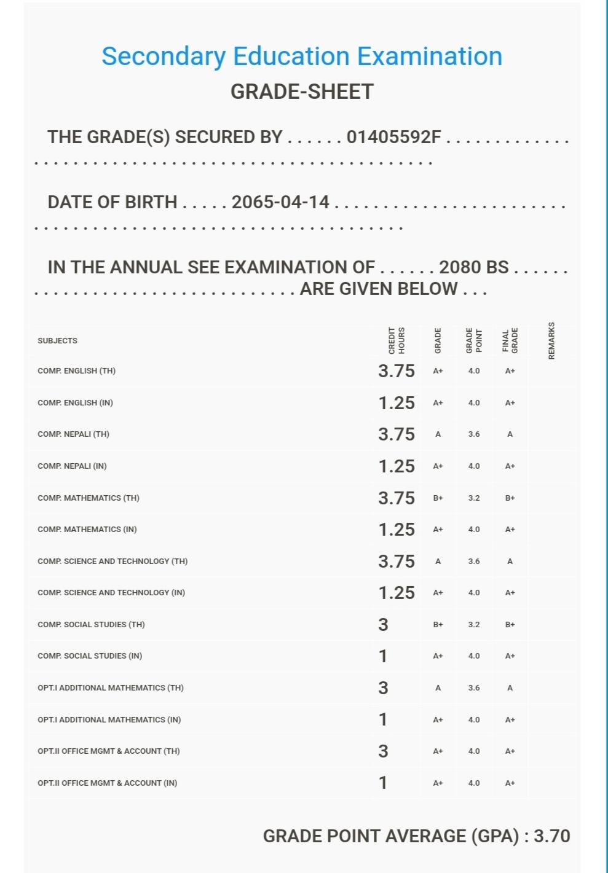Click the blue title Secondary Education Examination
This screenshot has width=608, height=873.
(x=302, y=57)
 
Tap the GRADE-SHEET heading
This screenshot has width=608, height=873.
(x=302, y=92)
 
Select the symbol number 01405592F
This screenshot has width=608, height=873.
(x=393, y=137)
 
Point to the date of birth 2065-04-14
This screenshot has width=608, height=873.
(x=280, y=202)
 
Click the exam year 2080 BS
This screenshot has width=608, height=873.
(x=473, y=267)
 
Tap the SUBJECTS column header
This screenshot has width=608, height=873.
(x=57, y=341)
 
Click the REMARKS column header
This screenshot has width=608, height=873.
(x=551, y=341)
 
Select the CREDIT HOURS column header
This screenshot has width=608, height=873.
(x=397, y=340)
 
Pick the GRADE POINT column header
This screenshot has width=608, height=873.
(x=474, y=340)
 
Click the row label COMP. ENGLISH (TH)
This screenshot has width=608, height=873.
(x=76, y=371)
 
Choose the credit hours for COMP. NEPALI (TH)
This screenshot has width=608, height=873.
(x=397, y=434)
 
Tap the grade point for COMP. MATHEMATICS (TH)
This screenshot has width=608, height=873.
(x=474, y=498)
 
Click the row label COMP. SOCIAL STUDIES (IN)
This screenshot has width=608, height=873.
(x=90, y=656)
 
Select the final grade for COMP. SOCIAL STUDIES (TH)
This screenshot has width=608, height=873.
(x=510, y=625)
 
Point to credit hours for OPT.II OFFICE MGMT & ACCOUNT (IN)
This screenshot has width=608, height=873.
(x=383, y=783)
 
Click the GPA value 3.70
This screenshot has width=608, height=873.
(x=551, y=836)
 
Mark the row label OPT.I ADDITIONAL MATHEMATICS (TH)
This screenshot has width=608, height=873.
(x=111, y=688)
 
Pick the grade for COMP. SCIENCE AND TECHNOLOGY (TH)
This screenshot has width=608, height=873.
(x=438, y=562)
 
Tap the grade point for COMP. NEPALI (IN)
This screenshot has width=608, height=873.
(x=474, y=466)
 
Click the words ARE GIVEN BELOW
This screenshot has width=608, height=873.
(x=379, y=289)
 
